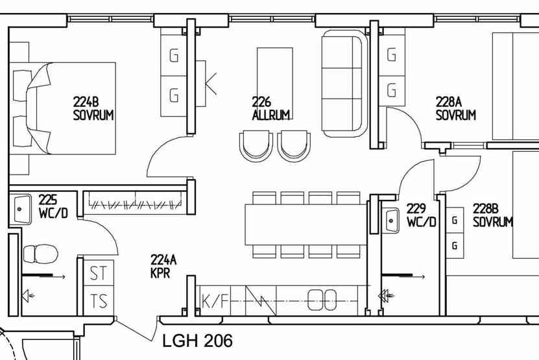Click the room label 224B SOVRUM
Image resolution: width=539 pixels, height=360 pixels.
pos(93,109)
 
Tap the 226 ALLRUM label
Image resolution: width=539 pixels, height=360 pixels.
pos(271,109)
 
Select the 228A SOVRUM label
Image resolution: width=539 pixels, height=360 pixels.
pos(456,109)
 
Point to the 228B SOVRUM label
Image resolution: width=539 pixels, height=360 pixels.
pos(492,215)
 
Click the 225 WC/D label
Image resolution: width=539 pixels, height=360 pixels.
pos(53,206)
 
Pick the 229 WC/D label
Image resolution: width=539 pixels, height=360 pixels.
pos(421,215)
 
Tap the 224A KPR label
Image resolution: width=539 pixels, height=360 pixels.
pos(163,266)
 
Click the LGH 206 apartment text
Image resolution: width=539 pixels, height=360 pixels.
pos(197,341)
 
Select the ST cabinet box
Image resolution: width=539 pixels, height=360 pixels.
pos(99,272)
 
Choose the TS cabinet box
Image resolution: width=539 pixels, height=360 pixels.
pos(99,300)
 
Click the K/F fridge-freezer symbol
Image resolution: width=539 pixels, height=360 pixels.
pos(215,300)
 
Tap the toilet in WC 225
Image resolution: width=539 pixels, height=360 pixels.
pos(40,254)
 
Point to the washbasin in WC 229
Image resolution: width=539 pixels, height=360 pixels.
pos(390,221)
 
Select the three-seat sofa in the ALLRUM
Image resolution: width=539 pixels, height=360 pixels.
pos(342,84)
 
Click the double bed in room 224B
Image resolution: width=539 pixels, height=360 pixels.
pos(62,108)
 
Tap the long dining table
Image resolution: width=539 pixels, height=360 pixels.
pos(306,224)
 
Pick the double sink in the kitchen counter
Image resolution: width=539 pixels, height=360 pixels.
pos(322,300)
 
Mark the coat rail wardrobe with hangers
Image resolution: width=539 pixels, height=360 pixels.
pos(135,203)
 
